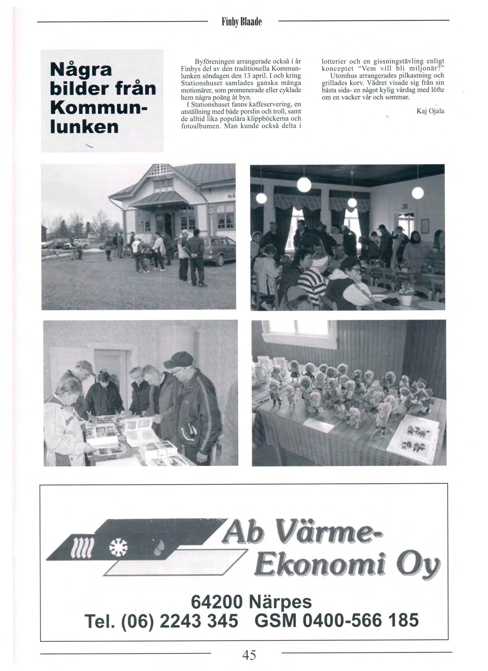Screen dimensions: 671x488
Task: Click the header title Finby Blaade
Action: (242, 22)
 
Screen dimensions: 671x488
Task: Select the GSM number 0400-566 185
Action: (360, 620)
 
